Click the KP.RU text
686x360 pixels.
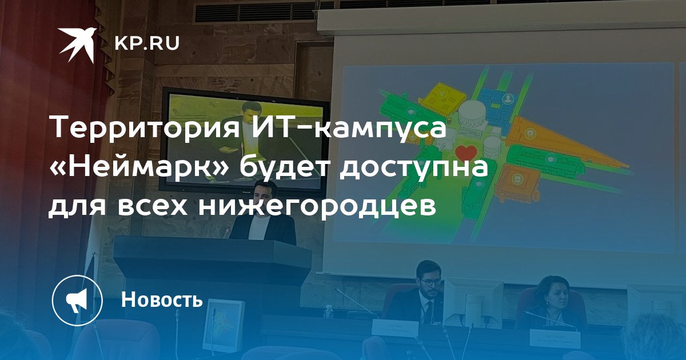tap(147, 43)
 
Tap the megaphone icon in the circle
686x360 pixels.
tap(77, 301)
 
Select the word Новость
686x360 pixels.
tap(162, 299)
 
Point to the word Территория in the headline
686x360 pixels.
tap(145, 128)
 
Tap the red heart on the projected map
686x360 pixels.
tap(466, 153)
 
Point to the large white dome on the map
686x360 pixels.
tap(473, 113)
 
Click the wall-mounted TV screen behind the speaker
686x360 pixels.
tap(245, 139)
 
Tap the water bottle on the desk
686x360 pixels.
tap(328, 311)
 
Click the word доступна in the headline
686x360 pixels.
tap(413, 168)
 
